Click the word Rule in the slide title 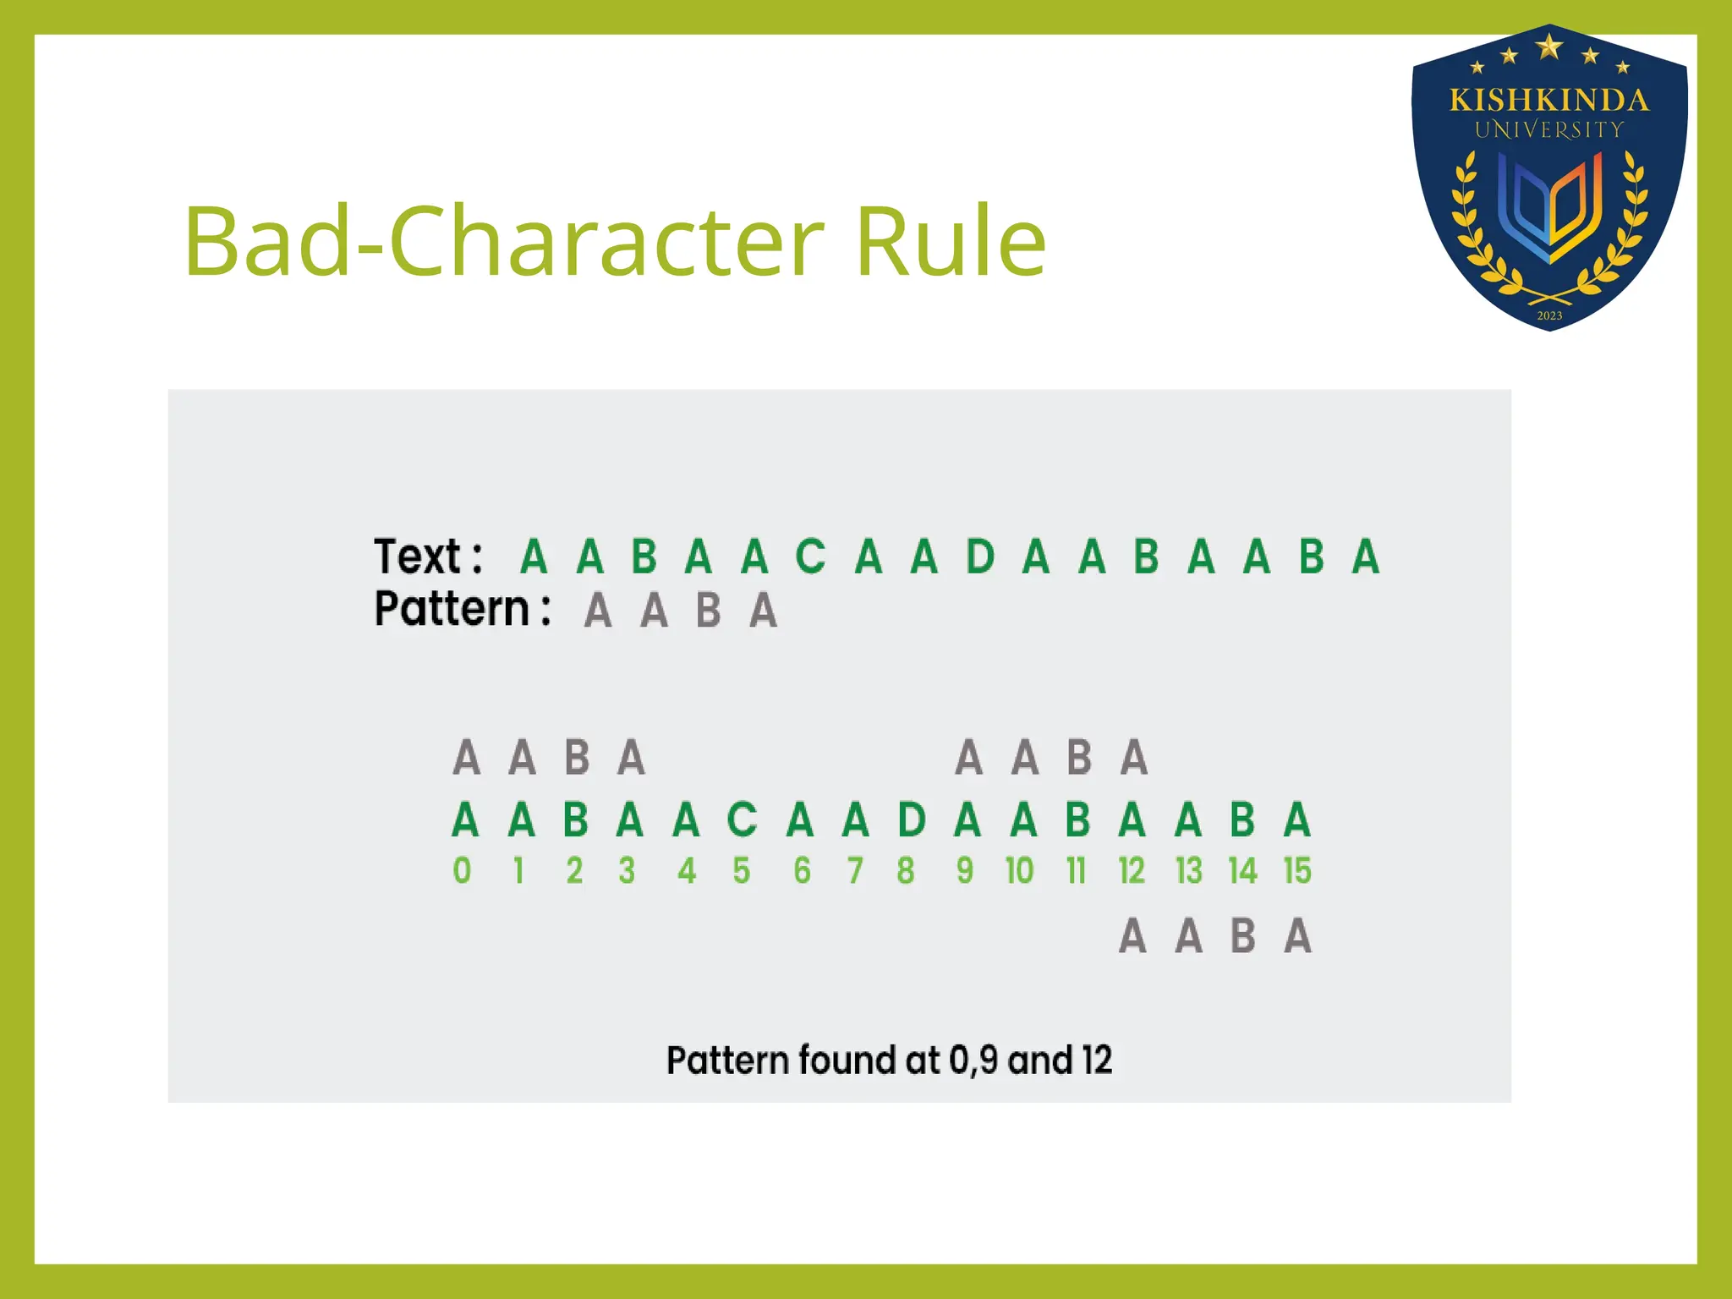[x=951, y=243]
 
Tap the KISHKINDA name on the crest [x=1548, y=101]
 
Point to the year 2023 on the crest [x=1549, y=315]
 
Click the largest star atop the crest [x=1549, y=47]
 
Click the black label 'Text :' [x=428, y=556]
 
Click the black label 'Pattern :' [x=463, y=609]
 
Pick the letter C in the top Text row [x=810, y=556]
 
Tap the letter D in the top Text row [x=979, y=556]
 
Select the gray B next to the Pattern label [x=709, y=611]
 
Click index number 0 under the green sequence [x=462, y=870]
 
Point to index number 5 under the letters [x=742, y=870]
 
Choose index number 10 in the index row [x=1019, y=870]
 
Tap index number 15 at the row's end [x=1296, y=870]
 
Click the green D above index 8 [x=912, y=819]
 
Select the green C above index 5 [x=742, y=819]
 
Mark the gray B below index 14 [x=1242, y=936]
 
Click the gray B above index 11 [x=1079, y=757]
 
